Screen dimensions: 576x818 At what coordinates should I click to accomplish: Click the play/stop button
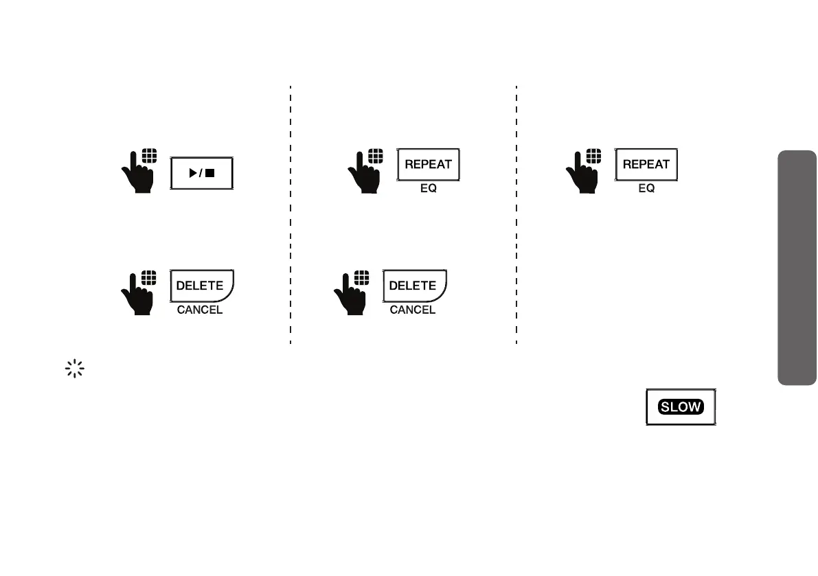coord(202,173)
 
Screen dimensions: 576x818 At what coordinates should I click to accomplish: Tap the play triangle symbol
coord(192,174)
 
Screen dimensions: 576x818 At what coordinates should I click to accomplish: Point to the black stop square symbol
coord(210,174)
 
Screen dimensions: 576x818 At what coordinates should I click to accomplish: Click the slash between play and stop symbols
coord(201,174)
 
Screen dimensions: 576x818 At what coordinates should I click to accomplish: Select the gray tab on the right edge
coord(797,268)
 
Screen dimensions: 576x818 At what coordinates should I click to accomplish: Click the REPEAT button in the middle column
coord(428,165)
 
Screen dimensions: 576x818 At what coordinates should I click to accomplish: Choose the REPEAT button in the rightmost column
coord(646,165)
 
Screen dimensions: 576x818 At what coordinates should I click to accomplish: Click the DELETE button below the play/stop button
coord(201,286)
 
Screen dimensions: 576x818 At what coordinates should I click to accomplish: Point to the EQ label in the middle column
coord(428,188)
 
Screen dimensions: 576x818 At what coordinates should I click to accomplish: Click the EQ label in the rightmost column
coord(646,188)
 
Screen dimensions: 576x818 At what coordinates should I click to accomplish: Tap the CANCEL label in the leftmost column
coord(200,310)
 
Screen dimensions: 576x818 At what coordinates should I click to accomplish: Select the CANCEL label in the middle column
coord(413,310)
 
